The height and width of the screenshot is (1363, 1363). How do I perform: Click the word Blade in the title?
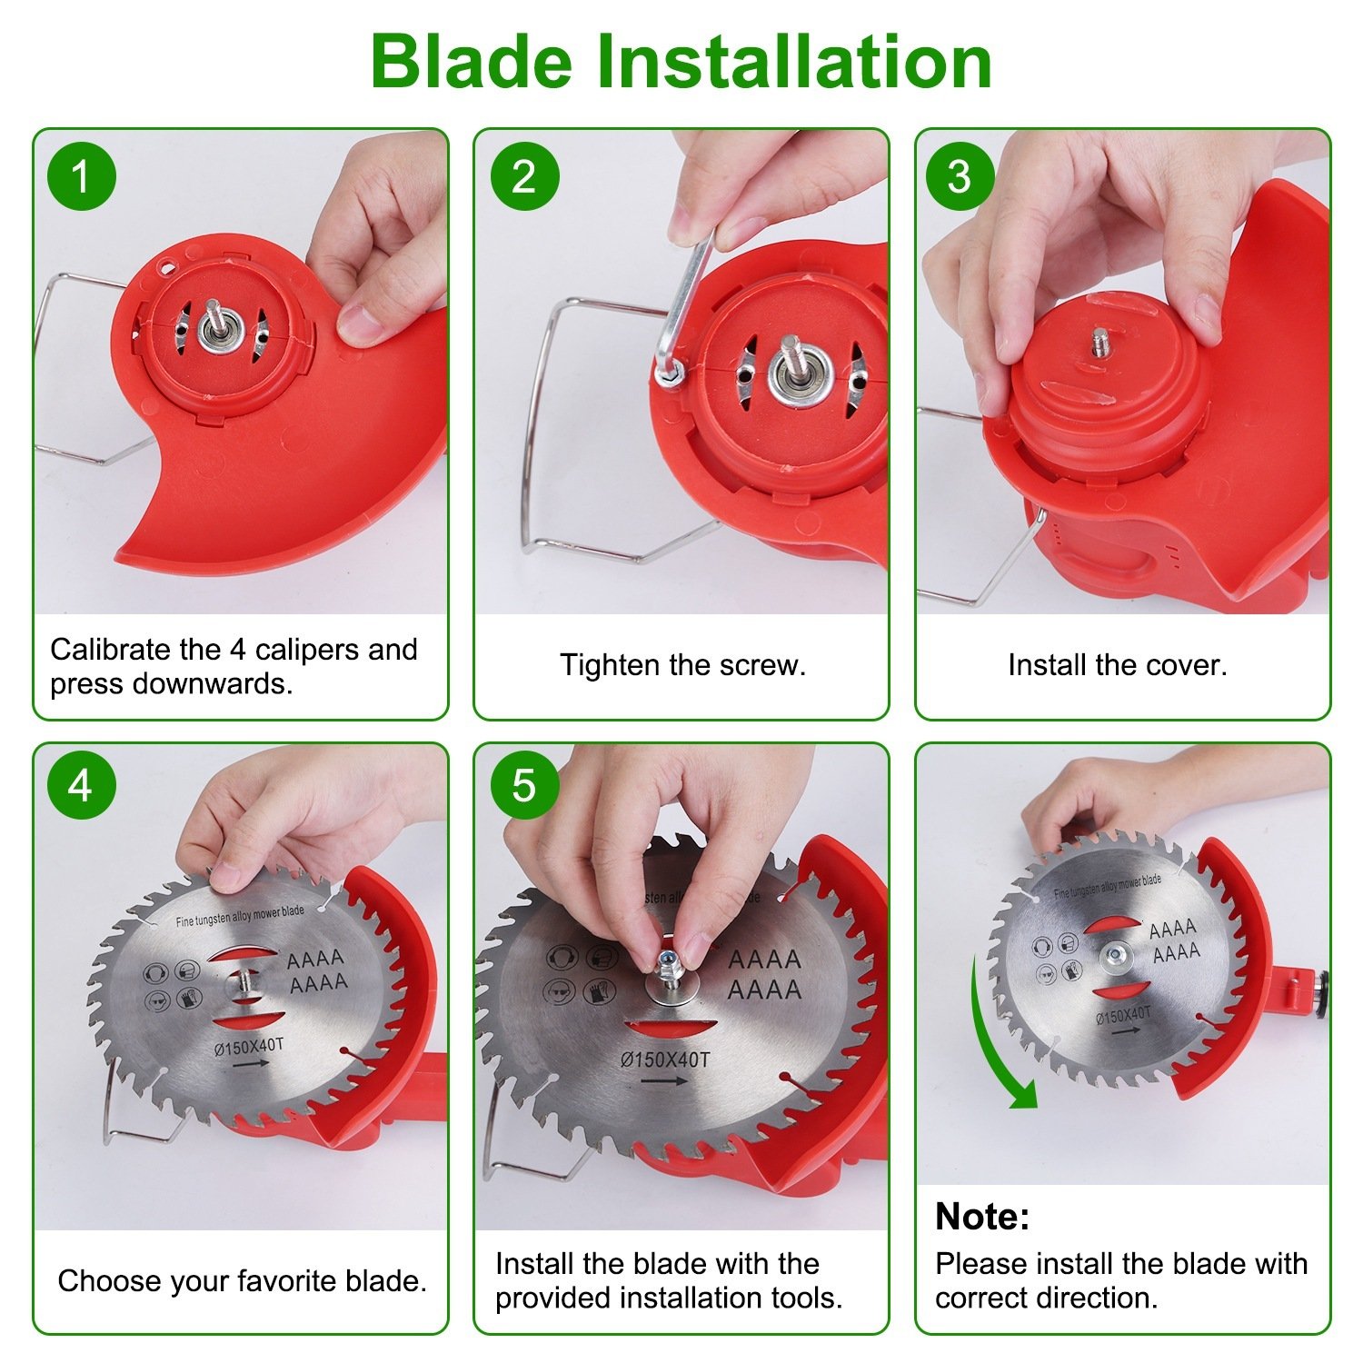(x=471, y=62)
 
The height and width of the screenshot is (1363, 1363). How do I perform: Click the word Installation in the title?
(x=792, y=62)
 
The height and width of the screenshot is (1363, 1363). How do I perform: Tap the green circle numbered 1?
(x=82, y=176)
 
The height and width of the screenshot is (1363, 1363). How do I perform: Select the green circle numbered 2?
(x=524, y=176)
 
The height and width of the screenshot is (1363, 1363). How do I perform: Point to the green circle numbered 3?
(x=960, y=176)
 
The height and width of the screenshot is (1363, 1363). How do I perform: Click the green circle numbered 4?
(x=81, y=785)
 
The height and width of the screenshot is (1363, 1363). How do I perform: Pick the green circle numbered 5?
(x=524, y=785)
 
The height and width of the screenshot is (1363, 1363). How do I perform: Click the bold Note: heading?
(x=981, y=1216)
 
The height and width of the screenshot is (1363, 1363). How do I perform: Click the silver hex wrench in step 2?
(x=689, y=300)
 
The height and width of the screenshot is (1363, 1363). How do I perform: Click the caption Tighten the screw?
(x=682, y=665)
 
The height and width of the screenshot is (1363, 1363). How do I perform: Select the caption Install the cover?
(x=1117, y=665)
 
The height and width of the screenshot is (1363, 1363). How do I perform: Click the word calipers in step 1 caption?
(x=307, y=650)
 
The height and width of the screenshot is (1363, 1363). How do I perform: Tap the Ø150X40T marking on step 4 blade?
(x=249, y=1047)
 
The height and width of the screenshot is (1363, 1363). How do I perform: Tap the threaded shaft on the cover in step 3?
(x=1100, y=341)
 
